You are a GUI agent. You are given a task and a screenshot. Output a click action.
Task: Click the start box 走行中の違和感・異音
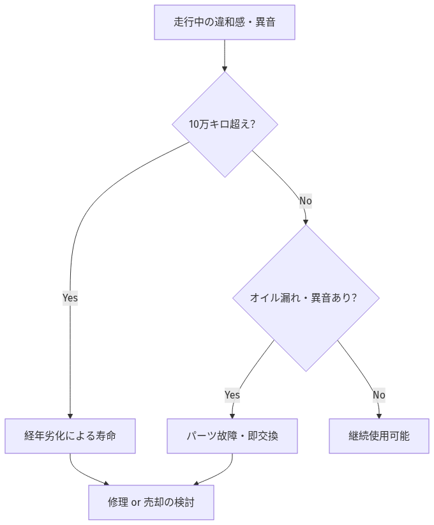[x=225, y=22]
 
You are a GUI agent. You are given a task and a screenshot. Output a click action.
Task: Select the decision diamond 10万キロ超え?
[x=225, y=125]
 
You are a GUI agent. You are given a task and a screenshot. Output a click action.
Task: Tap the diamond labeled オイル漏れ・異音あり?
[x=306, y=298]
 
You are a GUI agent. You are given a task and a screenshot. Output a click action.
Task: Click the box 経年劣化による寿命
[x=70, y=436]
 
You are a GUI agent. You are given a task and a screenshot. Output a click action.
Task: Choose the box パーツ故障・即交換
[x=232, y=436]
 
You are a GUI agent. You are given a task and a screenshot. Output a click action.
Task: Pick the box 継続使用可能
[x=379, y=436]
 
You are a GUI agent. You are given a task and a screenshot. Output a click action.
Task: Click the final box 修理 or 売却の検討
[x=151, y=503]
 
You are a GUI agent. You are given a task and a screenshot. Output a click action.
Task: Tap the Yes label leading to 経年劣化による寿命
[x=70, y=298]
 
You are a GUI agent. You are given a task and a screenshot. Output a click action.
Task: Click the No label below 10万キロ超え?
[x=306, y=201]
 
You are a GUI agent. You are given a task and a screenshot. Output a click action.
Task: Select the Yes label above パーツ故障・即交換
[x=232, y=395]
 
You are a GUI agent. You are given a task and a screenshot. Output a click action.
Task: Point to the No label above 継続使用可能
[x=379, y=395]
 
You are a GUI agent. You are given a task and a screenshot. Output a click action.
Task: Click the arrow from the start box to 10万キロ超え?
[x=225, y=55]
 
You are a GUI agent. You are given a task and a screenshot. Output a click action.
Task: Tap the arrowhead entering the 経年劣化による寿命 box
[x=70, y=415]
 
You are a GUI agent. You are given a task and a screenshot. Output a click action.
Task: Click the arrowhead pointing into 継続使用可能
[x=379, y=415]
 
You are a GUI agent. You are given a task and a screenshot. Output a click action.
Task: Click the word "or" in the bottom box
[x=136, y=503]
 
